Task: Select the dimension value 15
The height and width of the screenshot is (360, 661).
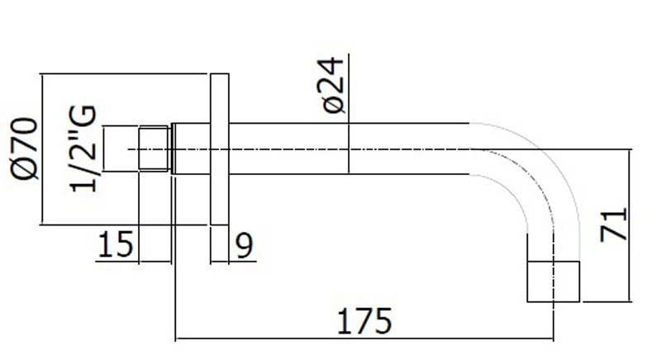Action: tap(117, 246)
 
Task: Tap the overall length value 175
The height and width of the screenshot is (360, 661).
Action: tap(364, 320)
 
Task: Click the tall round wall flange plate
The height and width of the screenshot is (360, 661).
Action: tap(219, 149)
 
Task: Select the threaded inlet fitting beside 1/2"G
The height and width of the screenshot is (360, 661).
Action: tap(153, 149)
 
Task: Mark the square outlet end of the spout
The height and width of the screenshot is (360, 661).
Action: tap(554, 282)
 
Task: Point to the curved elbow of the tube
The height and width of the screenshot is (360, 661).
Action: tap(529, 182)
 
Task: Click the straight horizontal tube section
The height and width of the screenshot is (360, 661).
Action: tap(347, 149)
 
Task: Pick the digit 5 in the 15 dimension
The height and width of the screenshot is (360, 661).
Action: tap(125, 246)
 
